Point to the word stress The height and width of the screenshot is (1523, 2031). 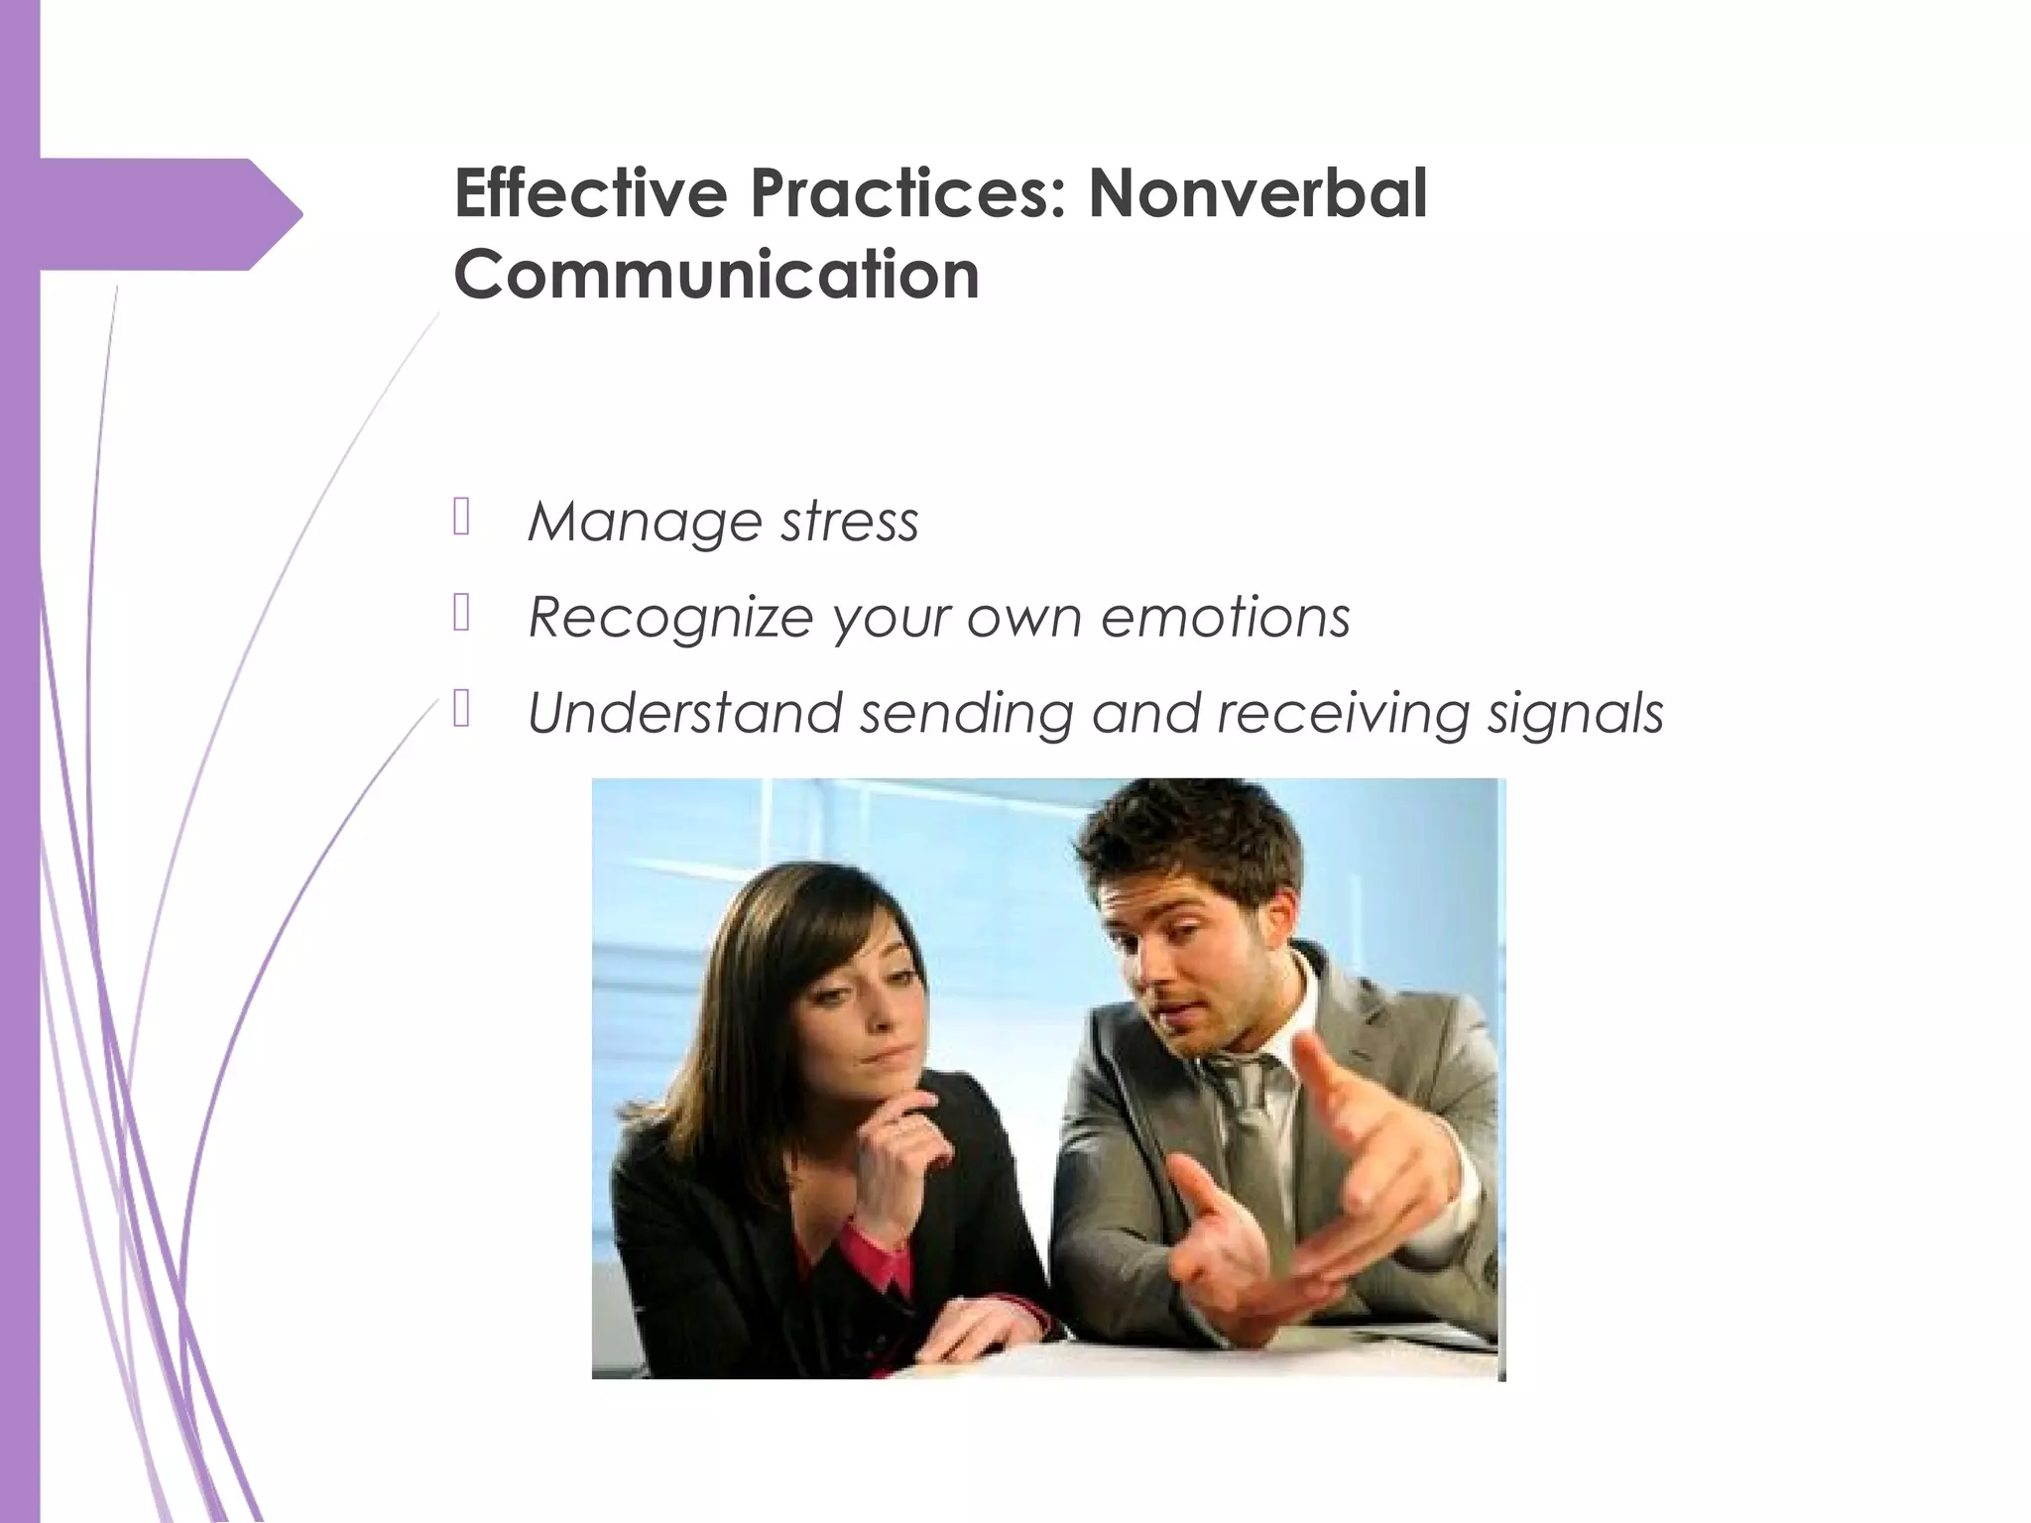849,522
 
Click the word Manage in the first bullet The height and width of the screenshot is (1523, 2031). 645,522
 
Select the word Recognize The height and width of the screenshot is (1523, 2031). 670,618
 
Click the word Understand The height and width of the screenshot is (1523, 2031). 684,713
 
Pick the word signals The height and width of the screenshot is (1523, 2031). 1575,713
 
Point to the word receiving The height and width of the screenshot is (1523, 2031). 1342,713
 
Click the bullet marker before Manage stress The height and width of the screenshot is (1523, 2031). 461,517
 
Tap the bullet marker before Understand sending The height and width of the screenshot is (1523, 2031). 461,709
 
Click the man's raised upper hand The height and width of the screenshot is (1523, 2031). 1378,1130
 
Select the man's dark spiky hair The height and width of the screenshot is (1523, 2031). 1190,833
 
